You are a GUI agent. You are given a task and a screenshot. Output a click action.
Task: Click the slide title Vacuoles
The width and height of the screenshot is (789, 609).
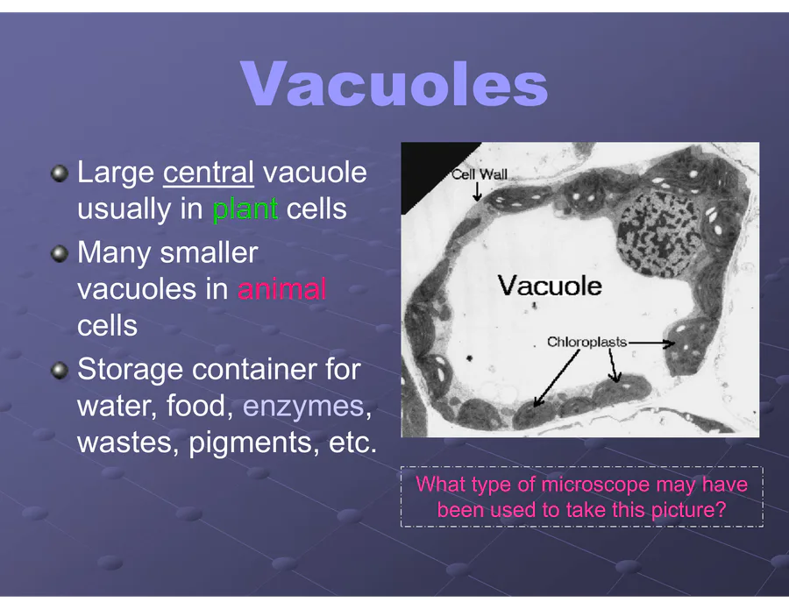tap(394, 83)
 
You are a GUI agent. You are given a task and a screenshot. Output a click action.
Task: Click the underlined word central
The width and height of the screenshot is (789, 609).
tap(209, 173)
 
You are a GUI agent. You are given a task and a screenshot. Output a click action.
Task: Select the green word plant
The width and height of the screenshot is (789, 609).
tap(245, 209)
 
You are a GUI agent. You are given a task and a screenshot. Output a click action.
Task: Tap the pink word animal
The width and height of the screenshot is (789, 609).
tap(281, 289)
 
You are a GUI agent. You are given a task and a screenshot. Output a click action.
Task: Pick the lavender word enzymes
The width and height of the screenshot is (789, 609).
tap(303, 407)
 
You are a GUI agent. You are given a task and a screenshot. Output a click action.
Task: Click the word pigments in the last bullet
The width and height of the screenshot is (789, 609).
tap(253, 443)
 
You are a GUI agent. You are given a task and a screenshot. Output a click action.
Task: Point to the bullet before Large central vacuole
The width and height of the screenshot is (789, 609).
tap(60, 174)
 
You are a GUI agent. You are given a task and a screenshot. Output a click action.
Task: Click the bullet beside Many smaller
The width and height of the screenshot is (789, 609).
tap(60, 254)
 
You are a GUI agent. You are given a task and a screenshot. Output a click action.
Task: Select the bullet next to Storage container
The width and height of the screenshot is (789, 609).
tap(60, 372)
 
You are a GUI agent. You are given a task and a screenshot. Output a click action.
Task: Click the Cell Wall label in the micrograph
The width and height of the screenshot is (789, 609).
tap(479, 174)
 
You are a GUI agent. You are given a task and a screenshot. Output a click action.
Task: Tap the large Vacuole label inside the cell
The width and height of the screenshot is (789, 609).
tap(550, 286)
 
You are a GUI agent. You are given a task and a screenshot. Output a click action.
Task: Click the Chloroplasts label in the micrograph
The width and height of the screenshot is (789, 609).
tap(586, 342)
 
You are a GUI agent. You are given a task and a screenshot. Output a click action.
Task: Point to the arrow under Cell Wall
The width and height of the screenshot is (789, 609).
tap(477, 191)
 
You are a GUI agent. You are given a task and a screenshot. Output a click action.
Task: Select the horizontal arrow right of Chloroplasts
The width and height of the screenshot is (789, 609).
tap(651, 343)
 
